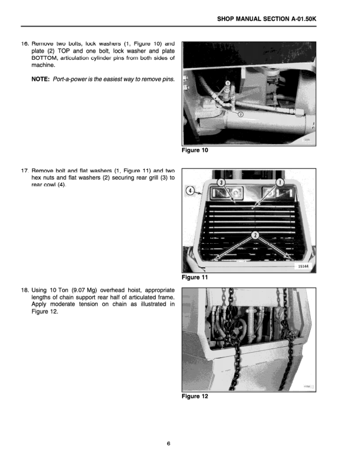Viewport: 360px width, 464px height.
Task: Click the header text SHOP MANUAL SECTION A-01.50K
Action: [266, 19]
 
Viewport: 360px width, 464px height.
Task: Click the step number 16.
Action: [25, 45]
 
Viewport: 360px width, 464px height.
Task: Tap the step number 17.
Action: [25, 170]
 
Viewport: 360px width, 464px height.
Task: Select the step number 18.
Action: [25, 290]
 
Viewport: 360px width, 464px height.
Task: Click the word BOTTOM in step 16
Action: [46, 58]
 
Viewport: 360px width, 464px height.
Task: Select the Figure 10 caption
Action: [195, 150]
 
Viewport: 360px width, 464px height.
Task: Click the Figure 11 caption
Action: [195, 277]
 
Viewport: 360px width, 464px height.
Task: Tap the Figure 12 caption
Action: [195, 396]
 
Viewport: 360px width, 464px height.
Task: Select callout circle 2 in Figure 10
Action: [240, 115]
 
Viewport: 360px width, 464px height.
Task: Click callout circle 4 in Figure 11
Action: [190, 191]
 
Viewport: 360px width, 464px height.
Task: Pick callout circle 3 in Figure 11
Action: [221, 183]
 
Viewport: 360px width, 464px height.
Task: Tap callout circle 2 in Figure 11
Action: [255, 236]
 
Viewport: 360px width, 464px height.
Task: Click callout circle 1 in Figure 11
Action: [280, 183]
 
